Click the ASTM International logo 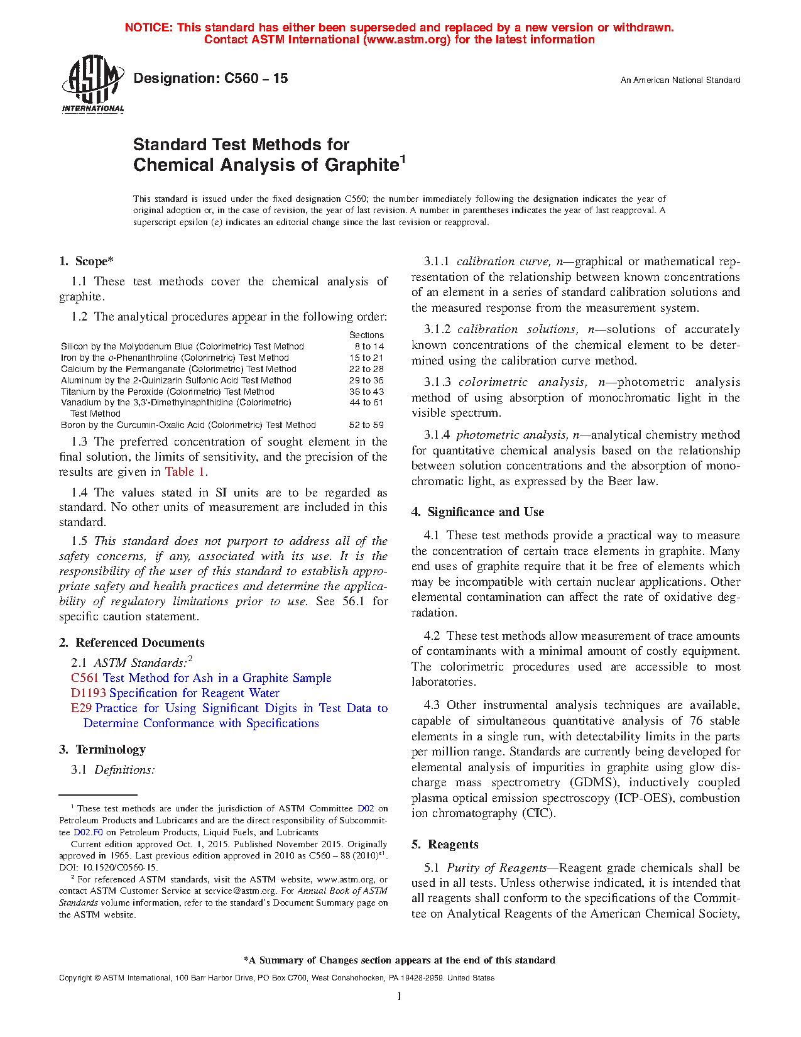[93, 84]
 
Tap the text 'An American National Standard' [680, 80]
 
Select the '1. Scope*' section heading [86, 261]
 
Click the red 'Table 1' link [185, 472]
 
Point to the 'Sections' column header [366, 335]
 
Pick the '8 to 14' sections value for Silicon [369, 346]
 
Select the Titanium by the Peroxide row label [168, 392]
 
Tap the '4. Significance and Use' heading [477, 512]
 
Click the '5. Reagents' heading [445, 845]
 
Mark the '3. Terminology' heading [102, 750]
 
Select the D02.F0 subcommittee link [88, 833]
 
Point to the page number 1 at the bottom [400, 996]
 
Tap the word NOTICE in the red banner [148, 28]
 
